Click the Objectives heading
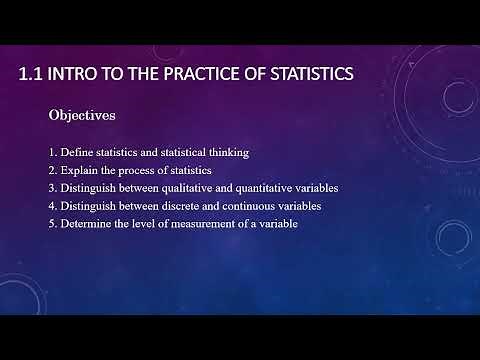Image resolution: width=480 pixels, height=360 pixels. (x=82, y=116)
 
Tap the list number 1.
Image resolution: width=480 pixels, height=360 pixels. (x=52, y=152)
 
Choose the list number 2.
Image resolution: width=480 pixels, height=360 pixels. (x=52, y=170)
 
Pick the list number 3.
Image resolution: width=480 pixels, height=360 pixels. (x=52, y=188)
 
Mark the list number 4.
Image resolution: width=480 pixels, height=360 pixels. (x=52, y=206)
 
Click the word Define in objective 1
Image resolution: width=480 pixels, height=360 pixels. (x=75, y=152)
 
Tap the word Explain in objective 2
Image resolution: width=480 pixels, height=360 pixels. (x=78, y=170)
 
